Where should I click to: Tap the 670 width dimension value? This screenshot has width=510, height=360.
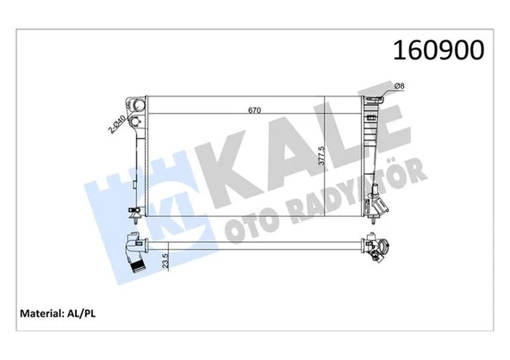pyautogui.click(x=253, y=109)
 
